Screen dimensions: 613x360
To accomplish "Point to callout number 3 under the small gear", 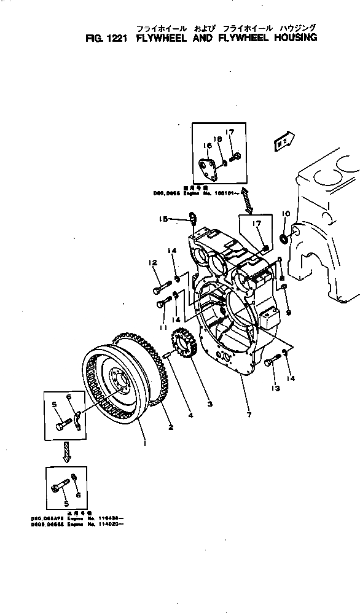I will (193, 404).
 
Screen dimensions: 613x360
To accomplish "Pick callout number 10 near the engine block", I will (285, 214).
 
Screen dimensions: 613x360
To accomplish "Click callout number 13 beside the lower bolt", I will (275, 388).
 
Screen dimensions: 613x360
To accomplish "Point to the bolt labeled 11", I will (163, 302).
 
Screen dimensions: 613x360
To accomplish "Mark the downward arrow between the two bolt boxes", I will (66, 452).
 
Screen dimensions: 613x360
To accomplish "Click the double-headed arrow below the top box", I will (245, 200).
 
